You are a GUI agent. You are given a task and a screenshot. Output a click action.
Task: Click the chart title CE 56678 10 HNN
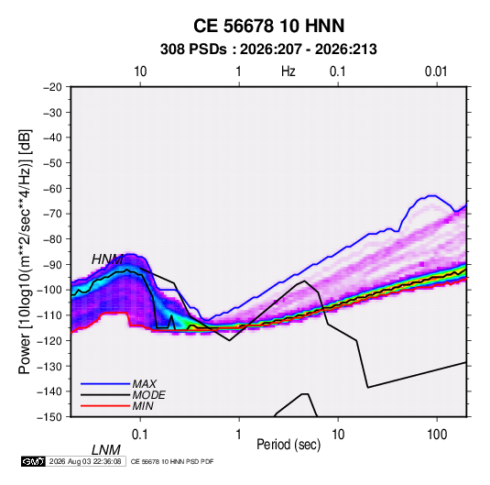click(x=268, y=26)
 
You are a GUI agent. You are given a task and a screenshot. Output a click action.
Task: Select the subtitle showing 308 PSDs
click(x=268, y=50)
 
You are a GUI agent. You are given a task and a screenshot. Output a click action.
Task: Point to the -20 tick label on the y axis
click(x=52, y=87)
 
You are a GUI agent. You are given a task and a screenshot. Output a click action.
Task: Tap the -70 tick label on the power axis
click(x=52, y=214)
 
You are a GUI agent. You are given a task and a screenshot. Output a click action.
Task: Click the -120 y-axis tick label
click(x=50, y=340)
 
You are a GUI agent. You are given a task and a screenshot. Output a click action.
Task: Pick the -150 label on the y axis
click(x=50, y=417)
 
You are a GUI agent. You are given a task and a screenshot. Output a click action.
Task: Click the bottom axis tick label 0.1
click(x=140, y=435)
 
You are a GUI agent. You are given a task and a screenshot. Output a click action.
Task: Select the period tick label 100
click(x=437, y=435)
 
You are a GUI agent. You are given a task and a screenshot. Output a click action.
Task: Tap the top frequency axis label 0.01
click(x=436, y=72)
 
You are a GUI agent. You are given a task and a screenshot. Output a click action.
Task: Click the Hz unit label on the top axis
click(x=289, y=72)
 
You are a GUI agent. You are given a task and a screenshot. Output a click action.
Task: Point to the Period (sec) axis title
click(x=289, y=445)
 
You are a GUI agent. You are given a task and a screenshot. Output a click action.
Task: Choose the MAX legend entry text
click(x=145, y=384)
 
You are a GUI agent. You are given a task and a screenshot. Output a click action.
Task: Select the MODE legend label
click(x=148, y=395)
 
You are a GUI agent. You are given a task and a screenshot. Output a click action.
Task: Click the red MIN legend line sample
click(x=105, y=406)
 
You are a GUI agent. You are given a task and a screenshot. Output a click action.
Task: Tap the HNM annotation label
click(x=107, y=259)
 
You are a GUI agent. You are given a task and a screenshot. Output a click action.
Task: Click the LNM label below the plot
click(x=106, y=450)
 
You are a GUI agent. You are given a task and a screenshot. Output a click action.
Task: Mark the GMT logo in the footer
click(x=34, y=461)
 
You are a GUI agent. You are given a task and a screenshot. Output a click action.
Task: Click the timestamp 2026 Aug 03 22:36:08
click(x=85, y=461)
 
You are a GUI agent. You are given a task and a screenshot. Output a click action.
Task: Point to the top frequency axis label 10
click(x=140, y=72)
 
